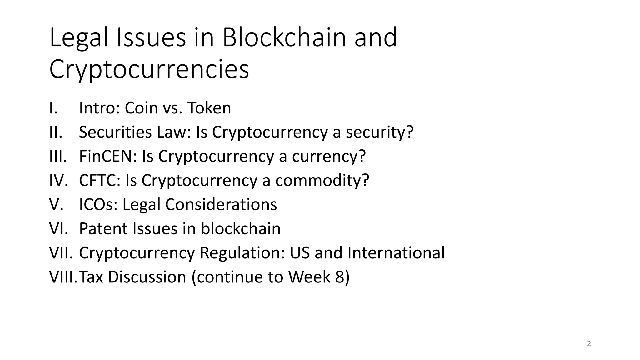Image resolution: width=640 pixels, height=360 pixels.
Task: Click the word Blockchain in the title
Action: (x=284, y=37)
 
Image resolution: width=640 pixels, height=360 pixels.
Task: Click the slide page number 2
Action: (x=589, y=344)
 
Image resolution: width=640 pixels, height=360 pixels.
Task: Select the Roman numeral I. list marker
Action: (x=53, y=108)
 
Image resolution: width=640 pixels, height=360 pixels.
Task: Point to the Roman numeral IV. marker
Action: (x=58, y=181)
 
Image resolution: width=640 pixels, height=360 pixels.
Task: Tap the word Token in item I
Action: (x=209, y=108)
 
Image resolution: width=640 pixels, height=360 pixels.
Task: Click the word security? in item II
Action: (x=379, y=132)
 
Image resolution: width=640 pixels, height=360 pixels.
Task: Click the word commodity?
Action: (x=322, y=181)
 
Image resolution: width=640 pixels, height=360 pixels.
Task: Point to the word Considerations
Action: (x=221, y=205)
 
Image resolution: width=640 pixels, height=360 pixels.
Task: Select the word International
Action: (x=396, y=253)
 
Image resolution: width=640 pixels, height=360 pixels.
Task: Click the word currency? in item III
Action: (x=329, y=156)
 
